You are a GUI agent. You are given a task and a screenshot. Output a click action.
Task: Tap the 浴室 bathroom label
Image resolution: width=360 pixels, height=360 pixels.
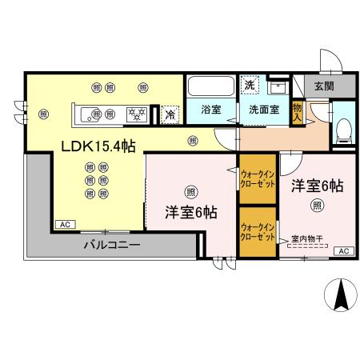coord(210,110)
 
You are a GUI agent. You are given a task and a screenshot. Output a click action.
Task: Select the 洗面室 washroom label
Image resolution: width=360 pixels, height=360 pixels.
coord(262,110)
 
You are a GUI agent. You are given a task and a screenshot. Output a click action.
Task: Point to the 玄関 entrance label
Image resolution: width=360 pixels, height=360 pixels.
coord(323,86)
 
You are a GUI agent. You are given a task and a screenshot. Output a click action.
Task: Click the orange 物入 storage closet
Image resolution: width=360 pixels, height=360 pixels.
coord(298,110)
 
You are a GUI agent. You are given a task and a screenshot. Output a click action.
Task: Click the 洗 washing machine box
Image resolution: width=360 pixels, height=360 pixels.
coord(250,85)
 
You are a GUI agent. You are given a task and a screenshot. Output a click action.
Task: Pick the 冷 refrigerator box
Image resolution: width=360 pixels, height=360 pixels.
coord(170,114)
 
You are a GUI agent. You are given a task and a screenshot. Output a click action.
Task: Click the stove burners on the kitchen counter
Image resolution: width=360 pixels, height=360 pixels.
coord(137,114)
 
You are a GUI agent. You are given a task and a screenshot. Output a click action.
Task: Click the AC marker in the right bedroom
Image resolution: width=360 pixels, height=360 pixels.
coord(342,252)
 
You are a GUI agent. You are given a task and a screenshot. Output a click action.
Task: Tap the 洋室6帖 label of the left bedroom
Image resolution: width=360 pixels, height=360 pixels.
coord(190,214)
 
